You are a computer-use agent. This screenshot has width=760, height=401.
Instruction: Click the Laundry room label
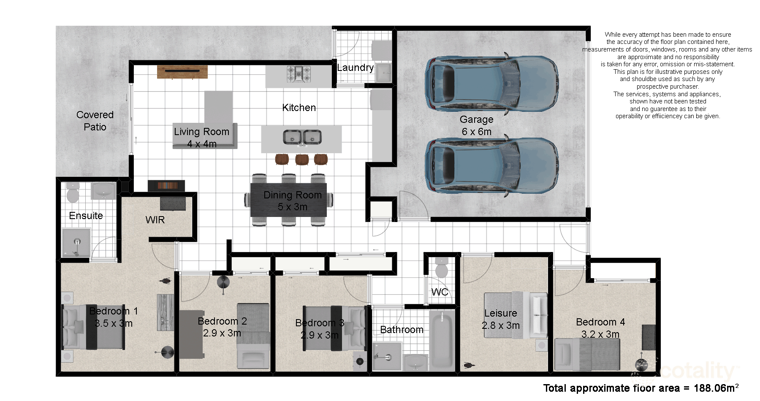[x=355, y=68]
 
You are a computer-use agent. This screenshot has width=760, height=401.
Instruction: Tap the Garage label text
[x=476, y=119]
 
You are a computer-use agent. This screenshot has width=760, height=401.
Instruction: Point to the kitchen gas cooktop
[x=299, y=73]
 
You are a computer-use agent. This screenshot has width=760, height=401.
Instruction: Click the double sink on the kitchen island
[x=302, y=137]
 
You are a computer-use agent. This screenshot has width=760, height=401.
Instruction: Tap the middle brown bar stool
[x=302, y=159]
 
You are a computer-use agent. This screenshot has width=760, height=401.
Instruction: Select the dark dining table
[x=289, y=200]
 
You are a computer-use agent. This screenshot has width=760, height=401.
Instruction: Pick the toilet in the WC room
[x=442, y=268]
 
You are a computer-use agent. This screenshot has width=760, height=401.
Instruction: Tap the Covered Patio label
[x=95, y=121]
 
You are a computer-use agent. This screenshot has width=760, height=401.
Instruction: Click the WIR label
[x=155, y=220]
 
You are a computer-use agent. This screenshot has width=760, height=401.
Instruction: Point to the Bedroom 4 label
[x=600, y=322]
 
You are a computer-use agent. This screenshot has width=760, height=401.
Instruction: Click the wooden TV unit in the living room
[x=182, y=72]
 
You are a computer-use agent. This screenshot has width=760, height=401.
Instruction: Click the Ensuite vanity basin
[x=103, y=191]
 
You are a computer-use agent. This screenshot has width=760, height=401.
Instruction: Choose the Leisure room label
[x=500, y=313]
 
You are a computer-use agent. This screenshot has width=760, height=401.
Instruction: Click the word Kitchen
[x=299, y=108]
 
